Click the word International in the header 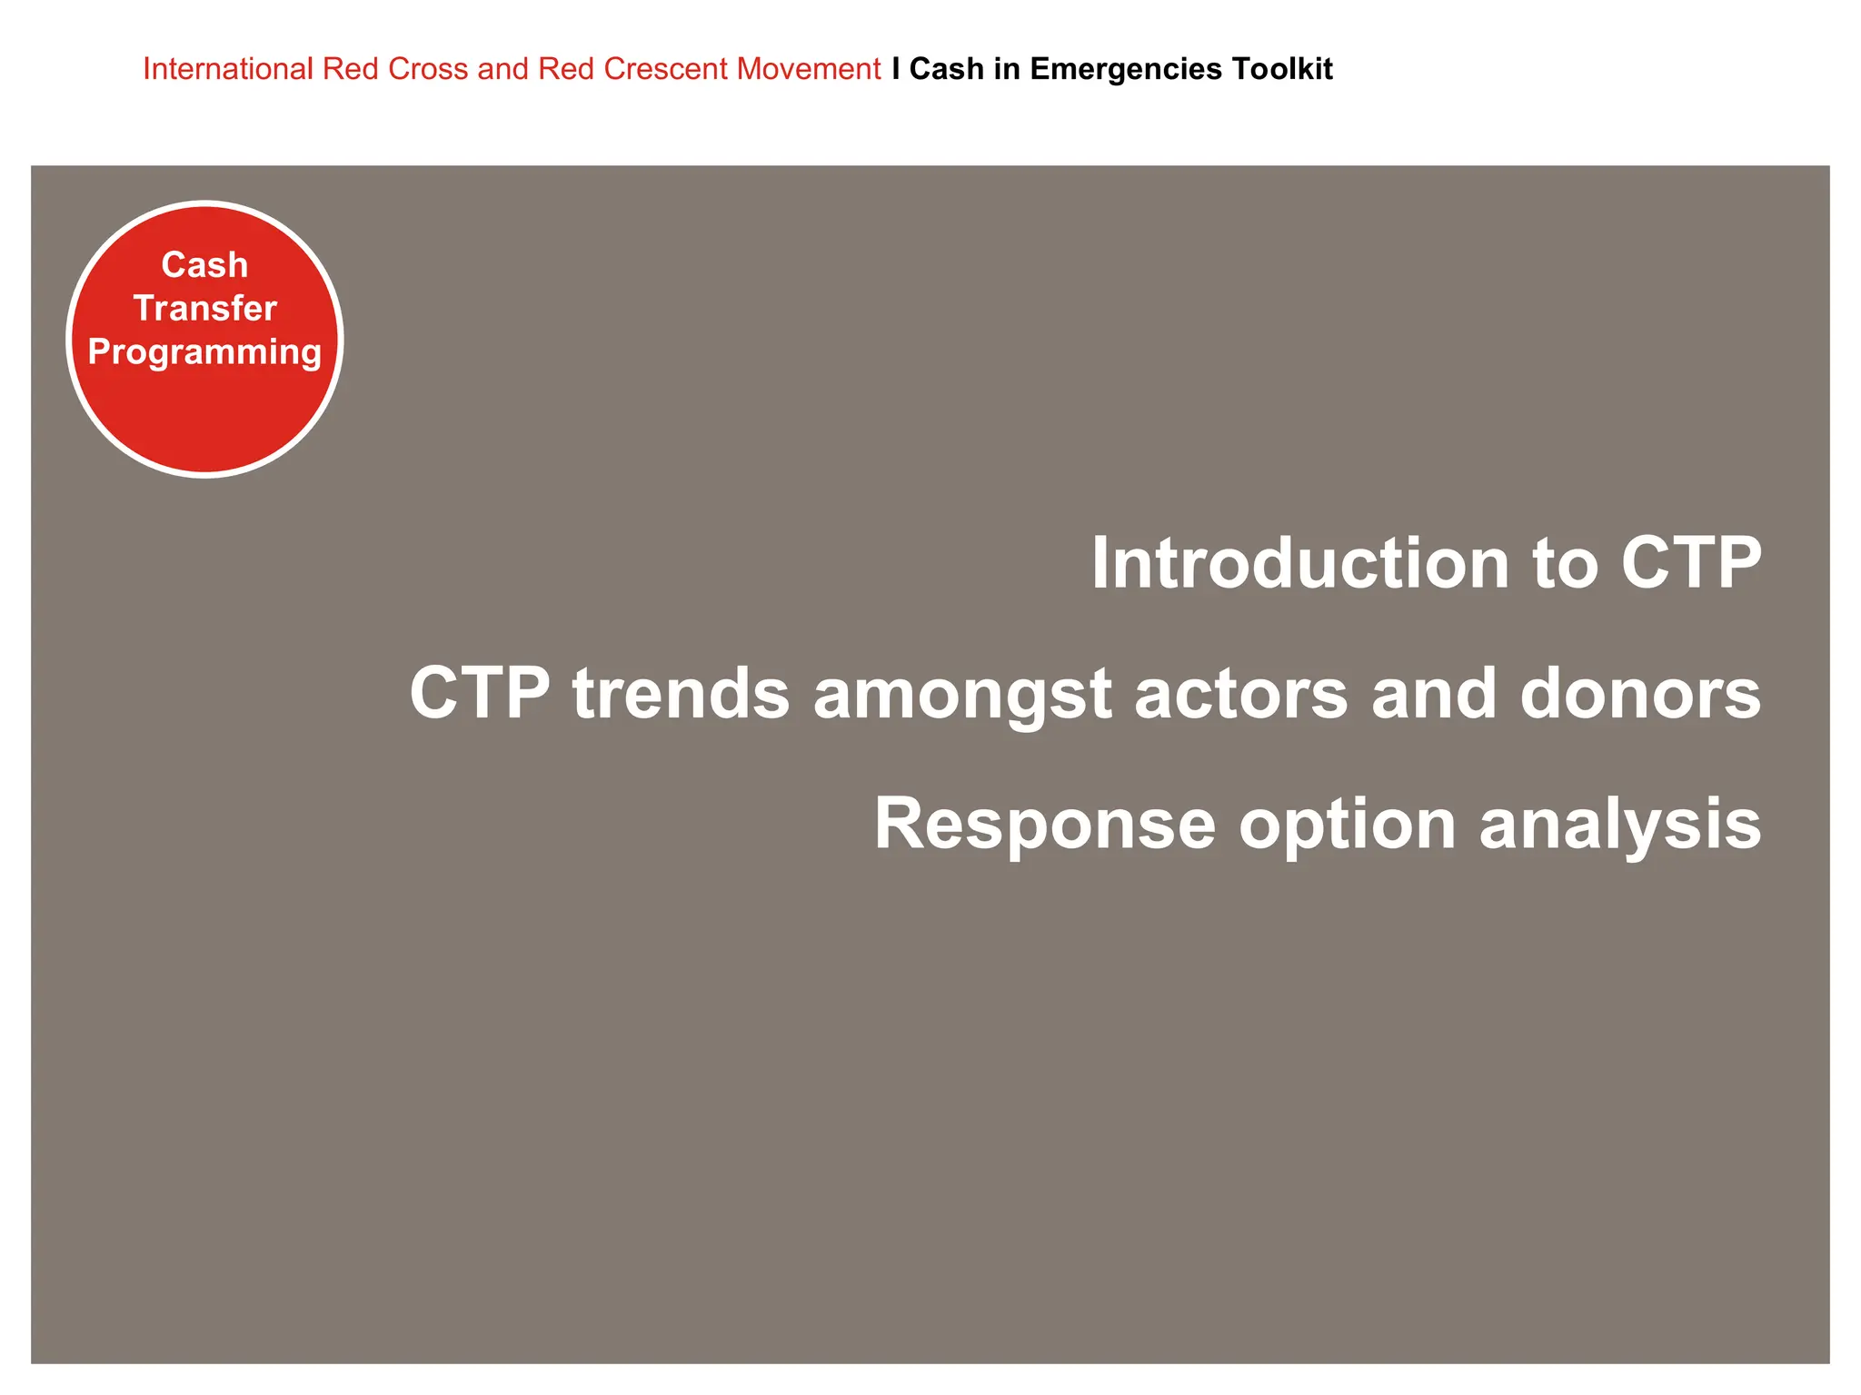[x=227, y=69]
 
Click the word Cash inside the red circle [x=204, y=265]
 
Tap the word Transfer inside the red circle [x=204, y=309]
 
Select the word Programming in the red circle [x=204, y=352]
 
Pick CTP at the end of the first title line [x=1691, y=563]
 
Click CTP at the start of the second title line [x=480, y=693]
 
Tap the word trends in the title [x=681, y=693]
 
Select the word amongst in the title [x=962, y=693]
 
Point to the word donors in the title [x=1640, y=693]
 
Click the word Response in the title [x=1045, y=824]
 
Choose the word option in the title [x=1347, y=824]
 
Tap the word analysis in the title [x=1619, y=824]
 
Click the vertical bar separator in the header [x=896, y=69]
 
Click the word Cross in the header [x=427, y=69]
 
